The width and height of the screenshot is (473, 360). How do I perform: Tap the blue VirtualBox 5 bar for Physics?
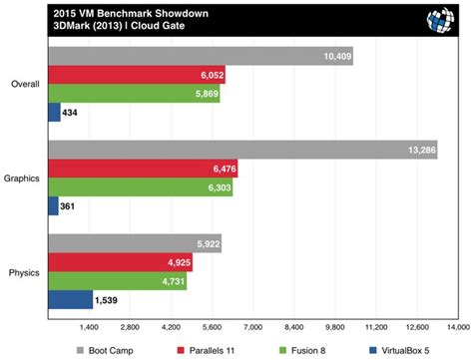click(70, 298)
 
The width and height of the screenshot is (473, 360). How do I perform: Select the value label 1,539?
click(108, 298)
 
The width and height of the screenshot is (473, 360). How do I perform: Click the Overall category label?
click(24, 84)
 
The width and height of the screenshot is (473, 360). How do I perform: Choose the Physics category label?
click(24, 270)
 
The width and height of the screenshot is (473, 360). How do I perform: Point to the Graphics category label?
click(22, 178)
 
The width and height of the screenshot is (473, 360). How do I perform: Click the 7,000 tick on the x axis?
click(252, 327)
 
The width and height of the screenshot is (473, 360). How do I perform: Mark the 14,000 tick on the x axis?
click(458, 327)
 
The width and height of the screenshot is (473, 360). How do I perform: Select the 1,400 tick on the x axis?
click(88, 327)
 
